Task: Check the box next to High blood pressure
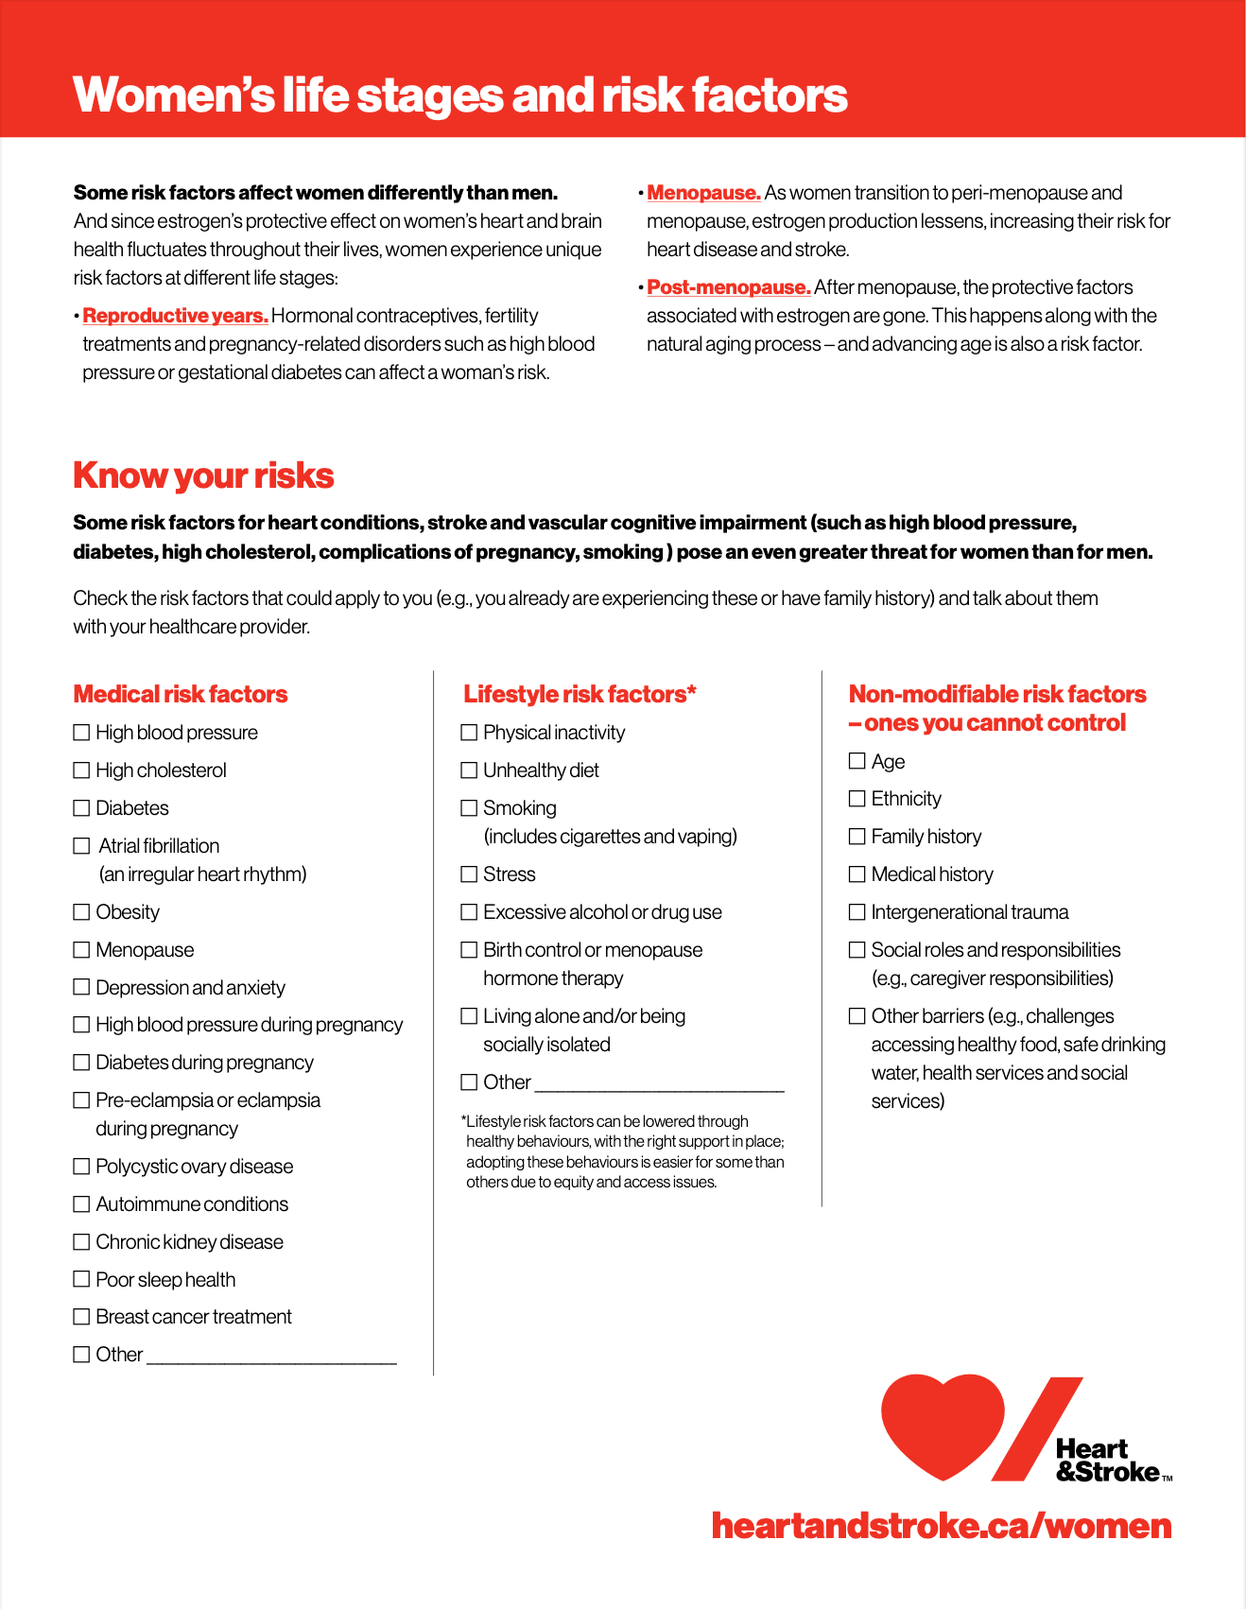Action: (x=81, y=733)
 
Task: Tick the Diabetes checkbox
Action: (x=81, y=808)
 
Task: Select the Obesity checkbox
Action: (x=81, y=912)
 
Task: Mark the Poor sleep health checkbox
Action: (x=81, y=1279)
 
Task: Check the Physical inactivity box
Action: (x=469, y=733)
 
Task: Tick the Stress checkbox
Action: (x=469, y=874)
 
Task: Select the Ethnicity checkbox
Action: (x=857, y=799)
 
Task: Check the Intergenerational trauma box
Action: (x=857, y=912)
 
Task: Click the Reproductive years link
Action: (x=176, y=316)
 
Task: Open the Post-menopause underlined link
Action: (x=729, y=287)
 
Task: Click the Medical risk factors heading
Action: (x=181, y=695)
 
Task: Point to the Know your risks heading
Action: (x=203, y=476)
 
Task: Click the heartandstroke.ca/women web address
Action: (x=942, y=1526)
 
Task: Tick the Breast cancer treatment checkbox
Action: (x=81, y=1317)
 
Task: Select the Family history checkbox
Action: (x=857, y=837)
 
